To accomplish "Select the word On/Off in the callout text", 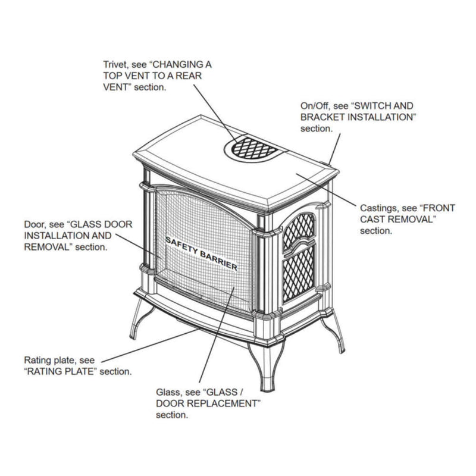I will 313,105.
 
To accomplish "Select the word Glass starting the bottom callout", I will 167,393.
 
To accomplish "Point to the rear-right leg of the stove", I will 336,333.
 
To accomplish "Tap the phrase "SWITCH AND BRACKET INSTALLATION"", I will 357,117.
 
